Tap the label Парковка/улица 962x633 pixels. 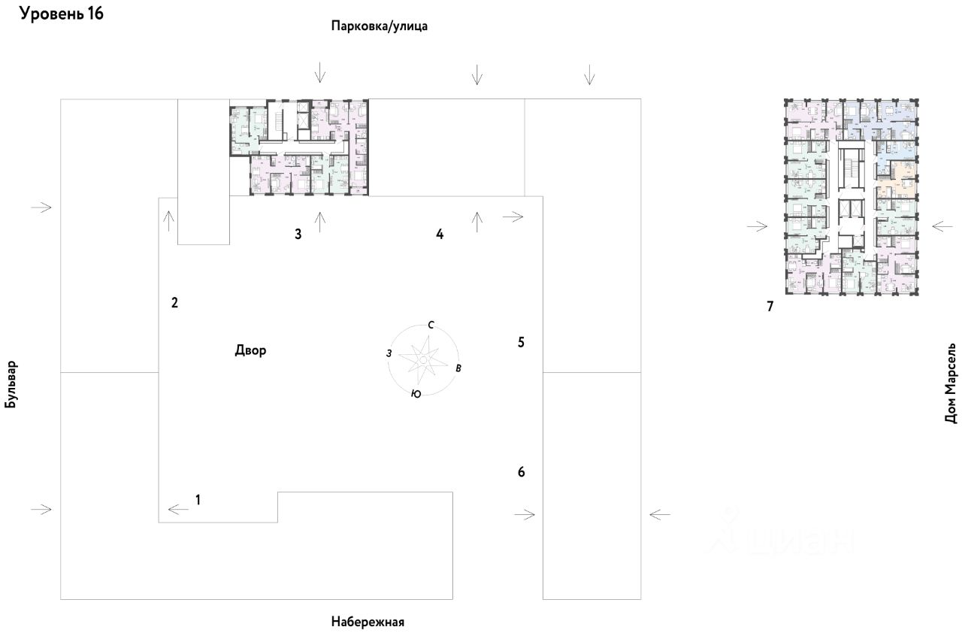(x=380, y=26)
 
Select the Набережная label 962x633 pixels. (x=368, y=622)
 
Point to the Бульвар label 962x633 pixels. (x=11, y=383)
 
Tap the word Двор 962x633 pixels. (x=250, y=351)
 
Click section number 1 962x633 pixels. (x=198, y=498)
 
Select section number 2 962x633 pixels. (x=174, y=303)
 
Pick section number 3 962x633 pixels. (x=298, y=234)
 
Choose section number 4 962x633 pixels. (x=440, y=234)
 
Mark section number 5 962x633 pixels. (x=521, y=342)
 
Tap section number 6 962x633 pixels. (x=522, y=472)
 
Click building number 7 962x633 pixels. (x=770, y=306)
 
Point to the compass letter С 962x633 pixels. (x=431, y=325)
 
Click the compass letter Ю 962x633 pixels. (x=416, y=394)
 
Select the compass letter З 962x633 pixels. (x=389, y=353)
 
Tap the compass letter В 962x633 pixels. (x=459, y=368)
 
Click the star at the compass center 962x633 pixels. (x=423, y=360)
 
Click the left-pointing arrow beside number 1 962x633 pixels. (x=178, y=510)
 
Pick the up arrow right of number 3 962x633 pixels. (x=320, y=221)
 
